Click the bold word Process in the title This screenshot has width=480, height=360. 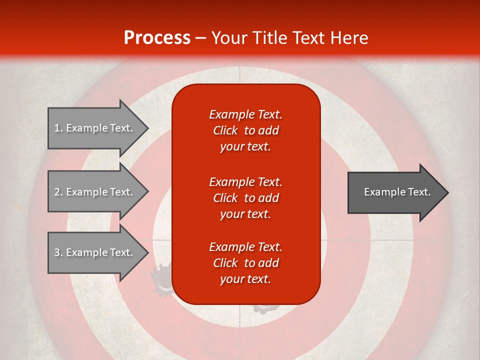pyautogui.click(x=157, y=38)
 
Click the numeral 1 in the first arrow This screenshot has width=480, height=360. pyautogui.click(x=56, y=128)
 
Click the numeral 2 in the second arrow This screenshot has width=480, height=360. pyautogui.click(x=56, y=192)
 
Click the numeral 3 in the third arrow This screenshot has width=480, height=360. pyautogui.click(x=56, y=252)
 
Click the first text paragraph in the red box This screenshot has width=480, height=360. pyautogui.click(x=245, y=130)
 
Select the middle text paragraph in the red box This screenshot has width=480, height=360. pyautogui.click(x=245, y=198)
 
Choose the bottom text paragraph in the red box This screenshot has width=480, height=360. pyautogui.click(x=245, y=263)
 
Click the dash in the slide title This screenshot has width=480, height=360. pyautogui.click(x=201, y=38)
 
